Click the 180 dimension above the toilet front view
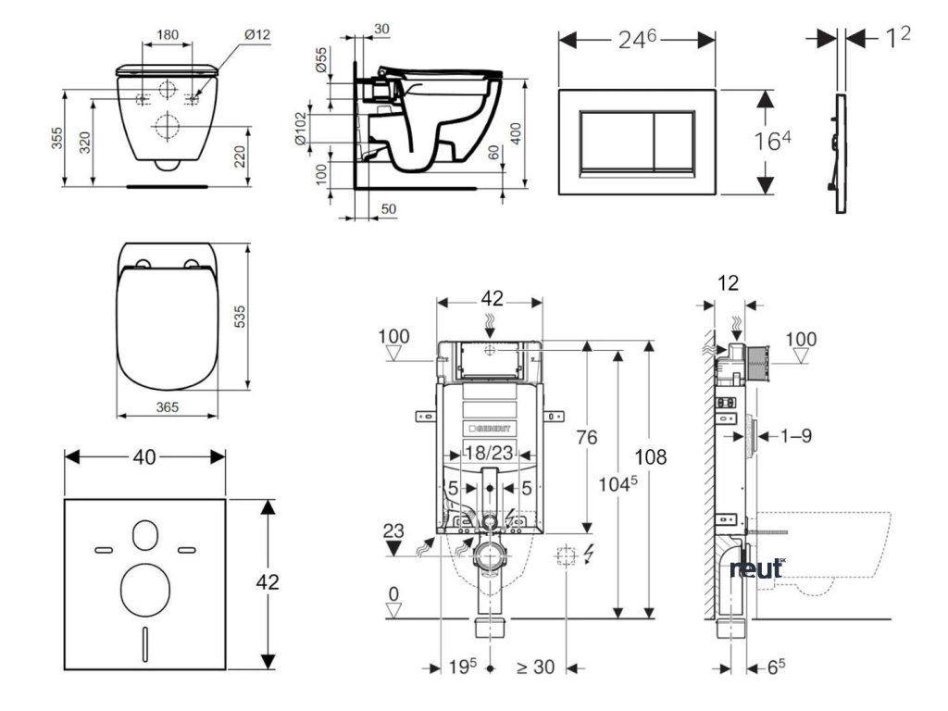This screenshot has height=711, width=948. [x=168, y=34]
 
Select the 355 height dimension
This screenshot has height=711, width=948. [x=57, y=138]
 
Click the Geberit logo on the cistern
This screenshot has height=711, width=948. [x=489, y=429]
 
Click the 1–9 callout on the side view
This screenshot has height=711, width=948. [x=794, y=435]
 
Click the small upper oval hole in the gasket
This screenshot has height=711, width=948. [x=144, y=536]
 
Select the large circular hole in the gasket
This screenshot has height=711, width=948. [x=145, y=585]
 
